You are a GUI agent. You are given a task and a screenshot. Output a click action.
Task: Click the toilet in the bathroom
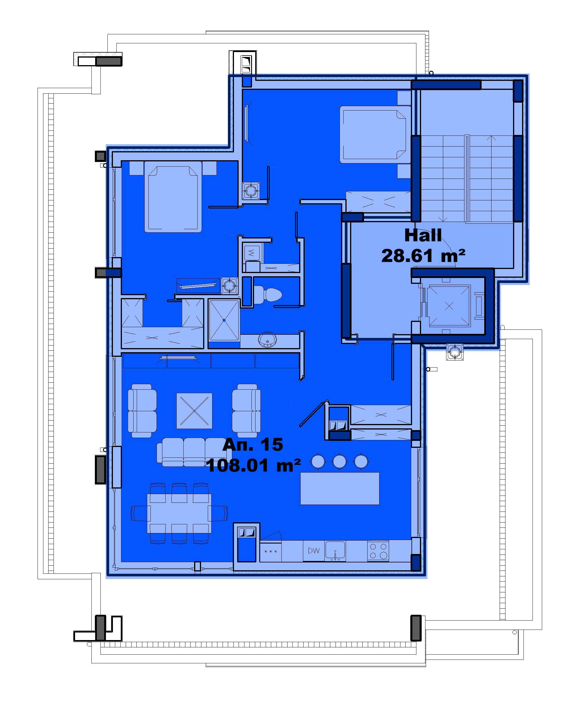click(268, 295)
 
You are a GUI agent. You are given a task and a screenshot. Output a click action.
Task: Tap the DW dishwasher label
click(313, 550)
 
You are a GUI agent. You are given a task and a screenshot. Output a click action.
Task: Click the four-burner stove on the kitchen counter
click(378, 551)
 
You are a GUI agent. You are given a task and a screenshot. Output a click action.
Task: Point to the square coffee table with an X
click(194, 411)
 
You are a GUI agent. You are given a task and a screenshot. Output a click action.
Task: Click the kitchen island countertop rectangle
click(340, 488)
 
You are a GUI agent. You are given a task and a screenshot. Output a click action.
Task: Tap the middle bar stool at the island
click(340, 462)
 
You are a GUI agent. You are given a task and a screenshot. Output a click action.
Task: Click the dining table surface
click(179, 514)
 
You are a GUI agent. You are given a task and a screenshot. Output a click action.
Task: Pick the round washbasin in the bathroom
click(267, 339)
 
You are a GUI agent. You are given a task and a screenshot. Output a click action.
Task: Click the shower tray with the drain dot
click(224, 320)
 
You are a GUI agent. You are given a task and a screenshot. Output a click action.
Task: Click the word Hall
click(423, 235)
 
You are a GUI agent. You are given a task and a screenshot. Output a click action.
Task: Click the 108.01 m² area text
click(253, 465)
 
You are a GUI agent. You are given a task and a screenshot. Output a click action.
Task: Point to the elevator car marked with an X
click(449, 306)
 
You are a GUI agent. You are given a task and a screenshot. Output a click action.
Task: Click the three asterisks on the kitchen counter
click(271, 552)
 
